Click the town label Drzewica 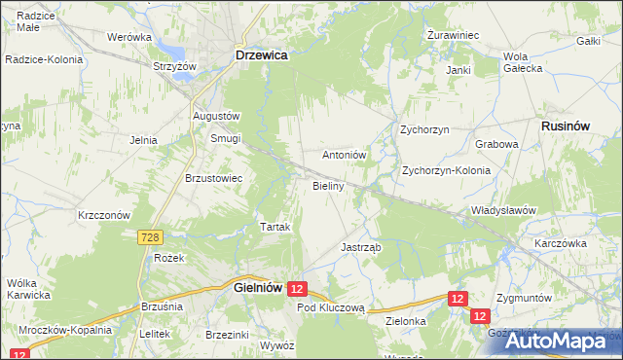261,56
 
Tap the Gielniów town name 257,288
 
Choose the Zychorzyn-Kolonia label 446,170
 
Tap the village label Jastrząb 360,247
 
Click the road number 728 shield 149,237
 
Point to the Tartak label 275,227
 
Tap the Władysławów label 503,209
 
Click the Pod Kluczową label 330,306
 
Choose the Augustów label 216,116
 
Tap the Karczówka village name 558,242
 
